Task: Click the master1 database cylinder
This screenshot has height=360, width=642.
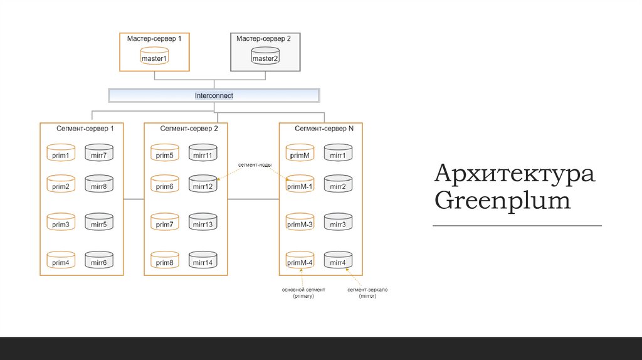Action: [x=154, y=57]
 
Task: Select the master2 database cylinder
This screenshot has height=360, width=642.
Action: [x=265, y=57]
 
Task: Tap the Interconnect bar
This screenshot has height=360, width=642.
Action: [x=214, y=95]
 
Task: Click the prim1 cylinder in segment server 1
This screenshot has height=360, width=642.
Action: [x=61, y=154]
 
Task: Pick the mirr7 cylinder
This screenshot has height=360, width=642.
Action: [x=98, y=154]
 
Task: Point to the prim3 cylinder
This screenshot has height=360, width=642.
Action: [x=61, y=223]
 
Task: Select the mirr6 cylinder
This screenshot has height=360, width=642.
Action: [x=98, y=261]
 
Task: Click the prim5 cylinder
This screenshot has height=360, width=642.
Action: [x=164, y=154]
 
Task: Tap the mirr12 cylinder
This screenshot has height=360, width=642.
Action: [x=203, y=185]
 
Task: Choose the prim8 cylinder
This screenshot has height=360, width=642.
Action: [x=164, y=261]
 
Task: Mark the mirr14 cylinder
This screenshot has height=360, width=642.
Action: [x=203, y=261]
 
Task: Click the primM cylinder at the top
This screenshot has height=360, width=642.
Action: [x=299, y=154]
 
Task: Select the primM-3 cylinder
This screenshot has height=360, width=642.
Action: [x=299, y=223]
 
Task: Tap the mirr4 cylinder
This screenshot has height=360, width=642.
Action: [x=338, y=261]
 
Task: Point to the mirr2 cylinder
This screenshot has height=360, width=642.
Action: [x=338, y=185]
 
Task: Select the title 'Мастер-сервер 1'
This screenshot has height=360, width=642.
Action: [x=154, y=39]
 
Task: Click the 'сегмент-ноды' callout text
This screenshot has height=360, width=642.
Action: [x=253, y=164]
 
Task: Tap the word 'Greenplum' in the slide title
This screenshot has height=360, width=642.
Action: [x=502, y=201]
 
